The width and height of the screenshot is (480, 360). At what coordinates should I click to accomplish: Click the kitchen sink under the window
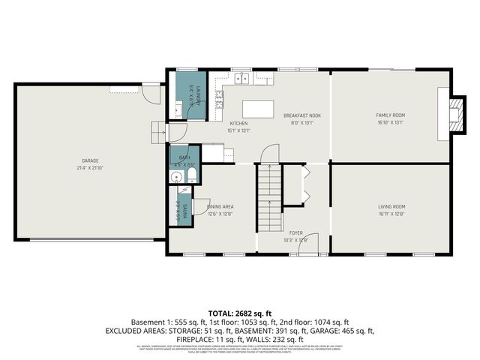pyautogui.click(x=241, y=77)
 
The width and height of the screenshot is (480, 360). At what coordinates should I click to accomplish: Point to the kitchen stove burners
pyautogui.click(x=219, y=97)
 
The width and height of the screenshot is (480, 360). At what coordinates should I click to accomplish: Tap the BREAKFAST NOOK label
pyautogui.click(x=302, y=115)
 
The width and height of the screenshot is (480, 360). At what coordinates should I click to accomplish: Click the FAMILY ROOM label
pyautogui.click(x=390, y=115)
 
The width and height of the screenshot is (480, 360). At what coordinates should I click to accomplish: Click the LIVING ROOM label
pyautogui.click(x=391, y=206)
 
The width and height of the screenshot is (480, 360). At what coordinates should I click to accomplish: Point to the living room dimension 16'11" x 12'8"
pyautogui.click(x=391, y=214)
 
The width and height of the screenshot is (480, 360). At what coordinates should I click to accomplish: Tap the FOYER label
pyautogui.click(x=296, y=233)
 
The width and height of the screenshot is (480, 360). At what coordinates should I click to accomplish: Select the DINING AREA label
pyautogui.click(x=220, y=205)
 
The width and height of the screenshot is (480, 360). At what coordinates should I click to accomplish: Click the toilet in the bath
pyautogui.click(x=191, y=176)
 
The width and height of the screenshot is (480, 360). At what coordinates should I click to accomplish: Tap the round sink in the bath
pyautogui.click(x=175, y=178)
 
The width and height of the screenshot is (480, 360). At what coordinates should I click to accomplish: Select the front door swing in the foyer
pyautogui.click(x=311, y=243)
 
